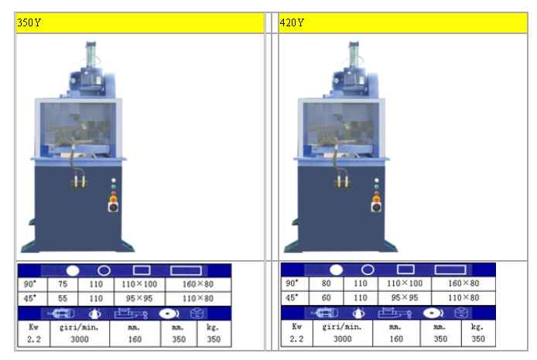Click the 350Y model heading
(29, 22)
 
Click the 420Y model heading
(292, 22)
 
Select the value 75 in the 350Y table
(63, 284)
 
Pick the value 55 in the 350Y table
(63, 298)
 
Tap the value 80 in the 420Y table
(326, 283)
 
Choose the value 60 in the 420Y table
(326, 297)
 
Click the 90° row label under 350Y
(30, 284)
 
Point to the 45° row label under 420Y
(292, 297)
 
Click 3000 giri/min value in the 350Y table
(80, 339)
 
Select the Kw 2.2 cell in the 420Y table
(296, 332)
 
